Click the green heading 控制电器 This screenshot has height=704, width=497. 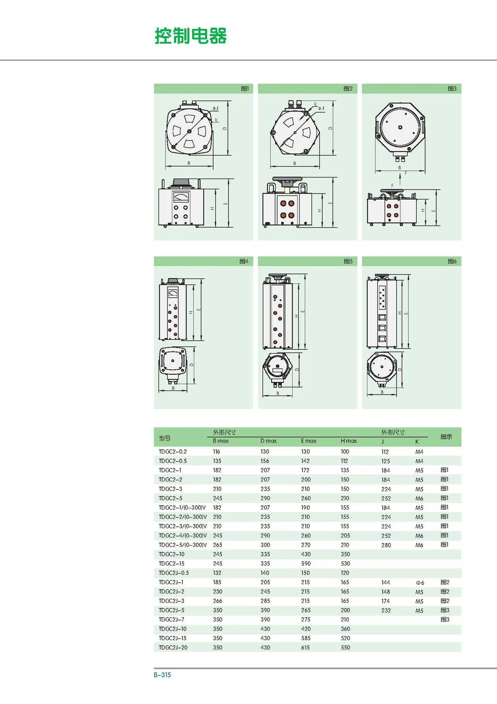coord(190,36)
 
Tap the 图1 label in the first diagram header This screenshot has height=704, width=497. coord(245,88)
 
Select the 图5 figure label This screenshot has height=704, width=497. coord(348,261)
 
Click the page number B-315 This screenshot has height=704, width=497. coord(162,675)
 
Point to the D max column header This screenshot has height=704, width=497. coord(268,441)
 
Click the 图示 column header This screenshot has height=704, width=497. coord(446,437)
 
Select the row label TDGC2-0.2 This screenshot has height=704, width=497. coord(173,451)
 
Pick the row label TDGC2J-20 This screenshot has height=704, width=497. coord(173,648)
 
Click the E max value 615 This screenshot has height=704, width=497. coord(305,648)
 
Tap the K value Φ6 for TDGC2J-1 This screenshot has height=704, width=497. coord(420,583)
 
